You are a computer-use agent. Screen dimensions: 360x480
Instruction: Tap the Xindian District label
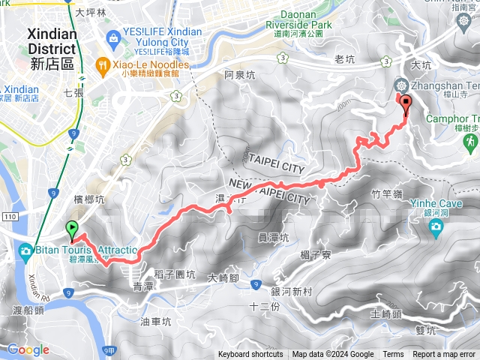(x=52, y=49)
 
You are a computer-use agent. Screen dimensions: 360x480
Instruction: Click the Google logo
(x=28, y=349)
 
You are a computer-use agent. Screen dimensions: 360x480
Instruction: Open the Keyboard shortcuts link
(x=250, y=355)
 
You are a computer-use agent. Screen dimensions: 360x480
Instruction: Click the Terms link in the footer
(x=393, y=355)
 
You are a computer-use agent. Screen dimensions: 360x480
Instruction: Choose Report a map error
(x=444, y=355)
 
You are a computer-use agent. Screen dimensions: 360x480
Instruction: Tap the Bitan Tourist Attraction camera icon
(x=25, y=250)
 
